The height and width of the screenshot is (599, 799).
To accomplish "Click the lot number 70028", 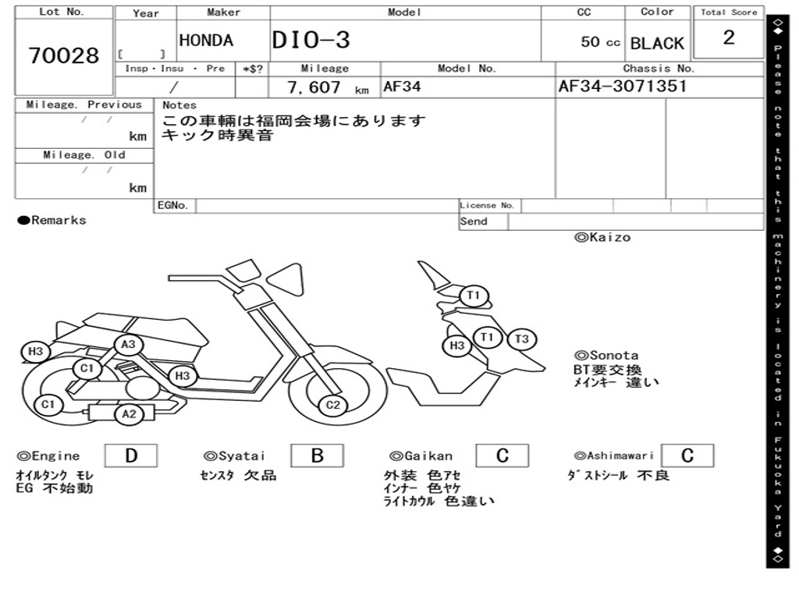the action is click(64, 56).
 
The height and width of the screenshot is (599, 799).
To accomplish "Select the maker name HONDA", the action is click(206, 41).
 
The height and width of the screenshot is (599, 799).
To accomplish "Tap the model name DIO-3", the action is click(311, 41).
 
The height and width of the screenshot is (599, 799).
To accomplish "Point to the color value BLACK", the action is click(657, 43).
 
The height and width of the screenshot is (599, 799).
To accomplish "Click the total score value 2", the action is click(729, 37).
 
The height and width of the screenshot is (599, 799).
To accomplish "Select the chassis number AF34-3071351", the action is click(623, 86).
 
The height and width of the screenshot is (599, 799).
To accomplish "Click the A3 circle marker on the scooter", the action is click(129, 344).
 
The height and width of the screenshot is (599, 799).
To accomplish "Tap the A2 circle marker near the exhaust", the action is click(130, 414).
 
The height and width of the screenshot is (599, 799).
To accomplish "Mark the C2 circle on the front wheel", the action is click(333, 404).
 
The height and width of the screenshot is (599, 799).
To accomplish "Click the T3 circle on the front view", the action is click(522, 339).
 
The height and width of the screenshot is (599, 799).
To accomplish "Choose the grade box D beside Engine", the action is click(130, 455).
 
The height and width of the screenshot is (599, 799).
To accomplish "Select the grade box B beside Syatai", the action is click(317, 455).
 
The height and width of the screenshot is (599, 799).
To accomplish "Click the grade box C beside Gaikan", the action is click(502, 455).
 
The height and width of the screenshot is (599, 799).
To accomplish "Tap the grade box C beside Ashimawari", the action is click(687, 455).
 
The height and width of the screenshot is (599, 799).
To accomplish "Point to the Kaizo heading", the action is click(602, 237).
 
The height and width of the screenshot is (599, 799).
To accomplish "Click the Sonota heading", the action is click(606, 355).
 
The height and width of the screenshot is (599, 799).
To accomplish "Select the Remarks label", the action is click(52, 221).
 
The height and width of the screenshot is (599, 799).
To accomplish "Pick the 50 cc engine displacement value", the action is click(600, 42).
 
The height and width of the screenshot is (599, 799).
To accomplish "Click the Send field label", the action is click(474, 222).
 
